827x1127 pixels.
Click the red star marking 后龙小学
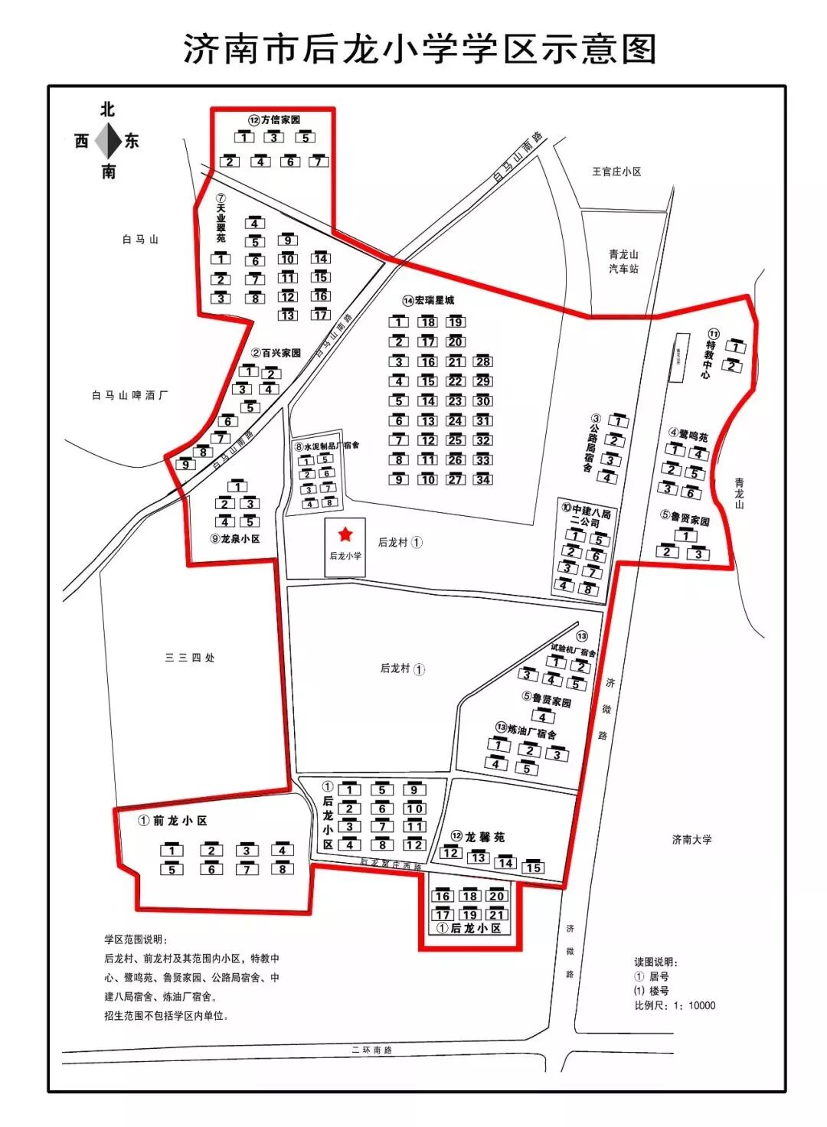pyautogui.click(x=345, y=533)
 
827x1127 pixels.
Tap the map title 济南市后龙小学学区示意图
pyautogui.click(x=420, y=49)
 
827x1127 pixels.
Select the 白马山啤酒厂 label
pyautogui.click(x=129, y=395)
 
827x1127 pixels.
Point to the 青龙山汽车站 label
pyautogui.click(x=623, y=262)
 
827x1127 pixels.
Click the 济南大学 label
pyautogui.click(x=691, y=839)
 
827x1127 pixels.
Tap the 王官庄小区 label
pyautogui.click(x=616, y=171)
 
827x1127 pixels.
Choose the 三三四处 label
pyautogui.click(x=190, y=658)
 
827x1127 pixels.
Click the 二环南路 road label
pyautogui.click(x=372, y=1050)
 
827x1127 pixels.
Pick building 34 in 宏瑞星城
pyautogui.click(x=482, y=479)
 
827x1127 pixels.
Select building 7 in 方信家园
pyautogui.click(x=319, y=162)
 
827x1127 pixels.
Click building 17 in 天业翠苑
pyautogui.click(x=320, y=314)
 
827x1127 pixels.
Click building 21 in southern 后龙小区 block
pyautogui.click(x=497, y=914)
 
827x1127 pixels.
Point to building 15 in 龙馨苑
pyautogui.click(x=534, y=867)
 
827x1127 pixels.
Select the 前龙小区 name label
pyautogui.click(x=173, y=821)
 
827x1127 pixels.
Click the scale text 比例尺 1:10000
pyautogui.click(x=675, y=1005)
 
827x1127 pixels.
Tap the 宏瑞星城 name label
pyautogui.click(x=429, y=300)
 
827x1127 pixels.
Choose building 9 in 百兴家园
pyautogui.click(x=185, y=464)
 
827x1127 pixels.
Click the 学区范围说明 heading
pyautogui.click(x=135, y=939)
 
